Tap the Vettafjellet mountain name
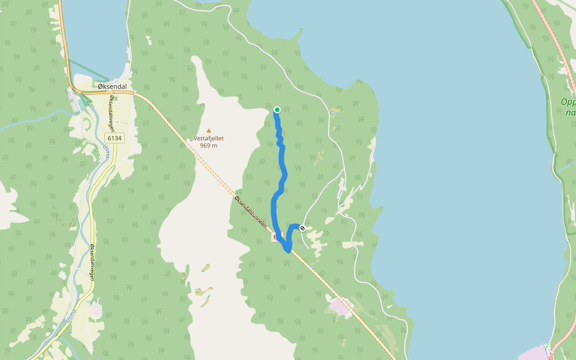tap(209, 138)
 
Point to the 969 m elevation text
tap(209, 145)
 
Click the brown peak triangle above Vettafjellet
tap(209, 130)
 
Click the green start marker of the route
tap(277, 109)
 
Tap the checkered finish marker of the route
tap(302, 227)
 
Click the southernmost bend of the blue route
tap(289, 250)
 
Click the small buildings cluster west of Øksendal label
tap(76, 102)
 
